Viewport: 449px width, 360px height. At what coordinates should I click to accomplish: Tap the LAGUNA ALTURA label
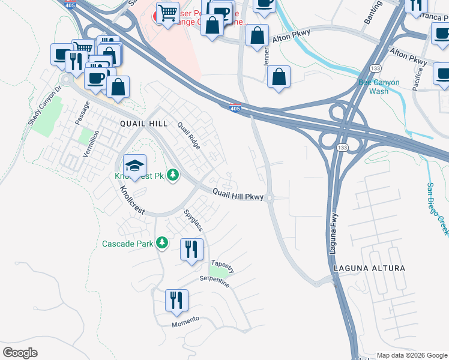366,268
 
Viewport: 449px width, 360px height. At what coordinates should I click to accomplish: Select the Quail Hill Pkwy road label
238,195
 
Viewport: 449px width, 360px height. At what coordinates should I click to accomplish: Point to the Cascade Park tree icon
161,243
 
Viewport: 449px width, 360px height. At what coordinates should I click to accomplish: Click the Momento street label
185,320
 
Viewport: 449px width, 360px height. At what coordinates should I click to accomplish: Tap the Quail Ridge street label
188,135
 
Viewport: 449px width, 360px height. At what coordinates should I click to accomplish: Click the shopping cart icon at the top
167,13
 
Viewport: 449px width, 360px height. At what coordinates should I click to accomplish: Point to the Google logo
20,353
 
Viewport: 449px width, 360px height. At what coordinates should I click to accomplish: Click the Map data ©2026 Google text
411,355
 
